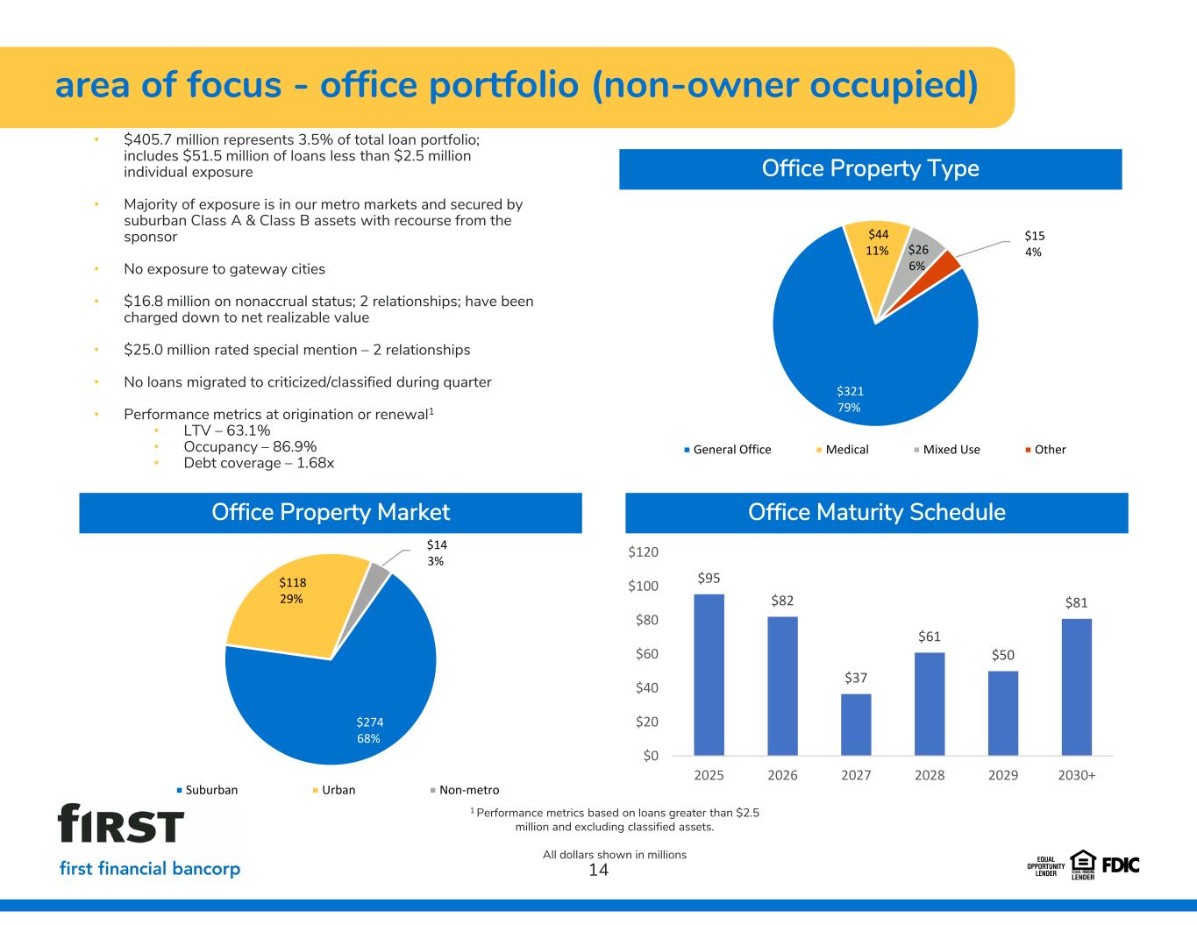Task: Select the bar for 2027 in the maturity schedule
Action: click(856, 724)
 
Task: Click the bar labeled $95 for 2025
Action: click(709, 674)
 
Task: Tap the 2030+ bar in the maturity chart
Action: click(1076, 687)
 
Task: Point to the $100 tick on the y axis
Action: click(644, 586)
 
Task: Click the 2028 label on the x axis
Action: click(930, 775)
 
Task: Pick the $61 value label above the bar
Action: click(930, 637)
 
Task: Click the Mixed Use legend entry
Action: click(946, 449)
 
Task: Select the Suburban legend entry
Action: click(207, 790)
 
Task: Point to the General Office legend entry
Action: click(728, 449)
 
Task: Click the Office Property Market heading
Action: click(331, 513)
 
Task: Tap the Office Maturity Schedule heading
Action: click(876, 513)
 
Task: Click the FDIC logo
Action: click(1121, 865)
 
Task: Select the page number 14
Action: click(599, 871)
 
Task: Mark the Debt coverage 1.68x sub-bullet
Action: click(259, 463)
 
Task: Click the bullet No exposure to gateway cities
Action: click(224, 269)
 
